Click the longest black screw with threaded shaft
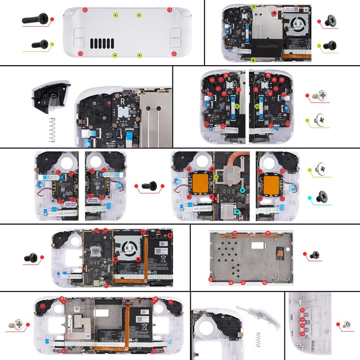tap(34, 19)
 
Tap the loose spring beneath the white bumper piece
tap(258, 337)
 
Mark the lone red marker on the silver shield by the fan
tap(273, 14)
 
